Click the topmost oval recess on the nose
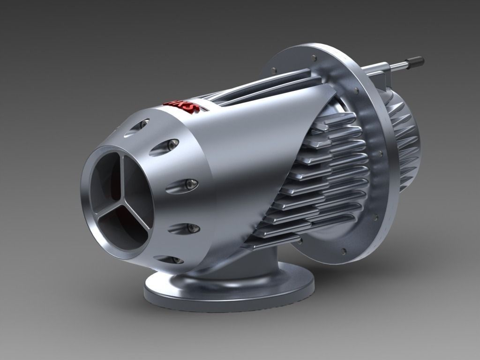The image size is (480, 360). pyautogui.click(x=137, y=126)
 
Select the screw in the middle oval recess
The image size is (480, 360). pyautogui.click(x=190, y=184)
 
